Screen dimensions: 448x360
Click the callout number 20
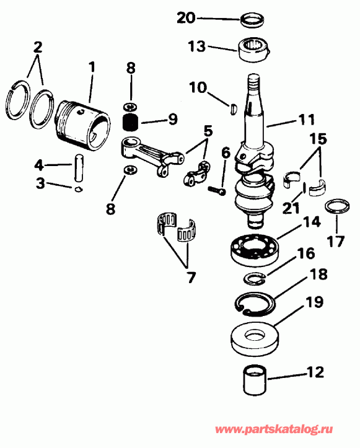click(186, 18)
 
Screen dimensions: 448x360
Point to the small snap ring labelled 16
click(254, 277)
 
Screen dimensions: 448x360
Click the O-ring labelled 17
click(335, 207)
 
